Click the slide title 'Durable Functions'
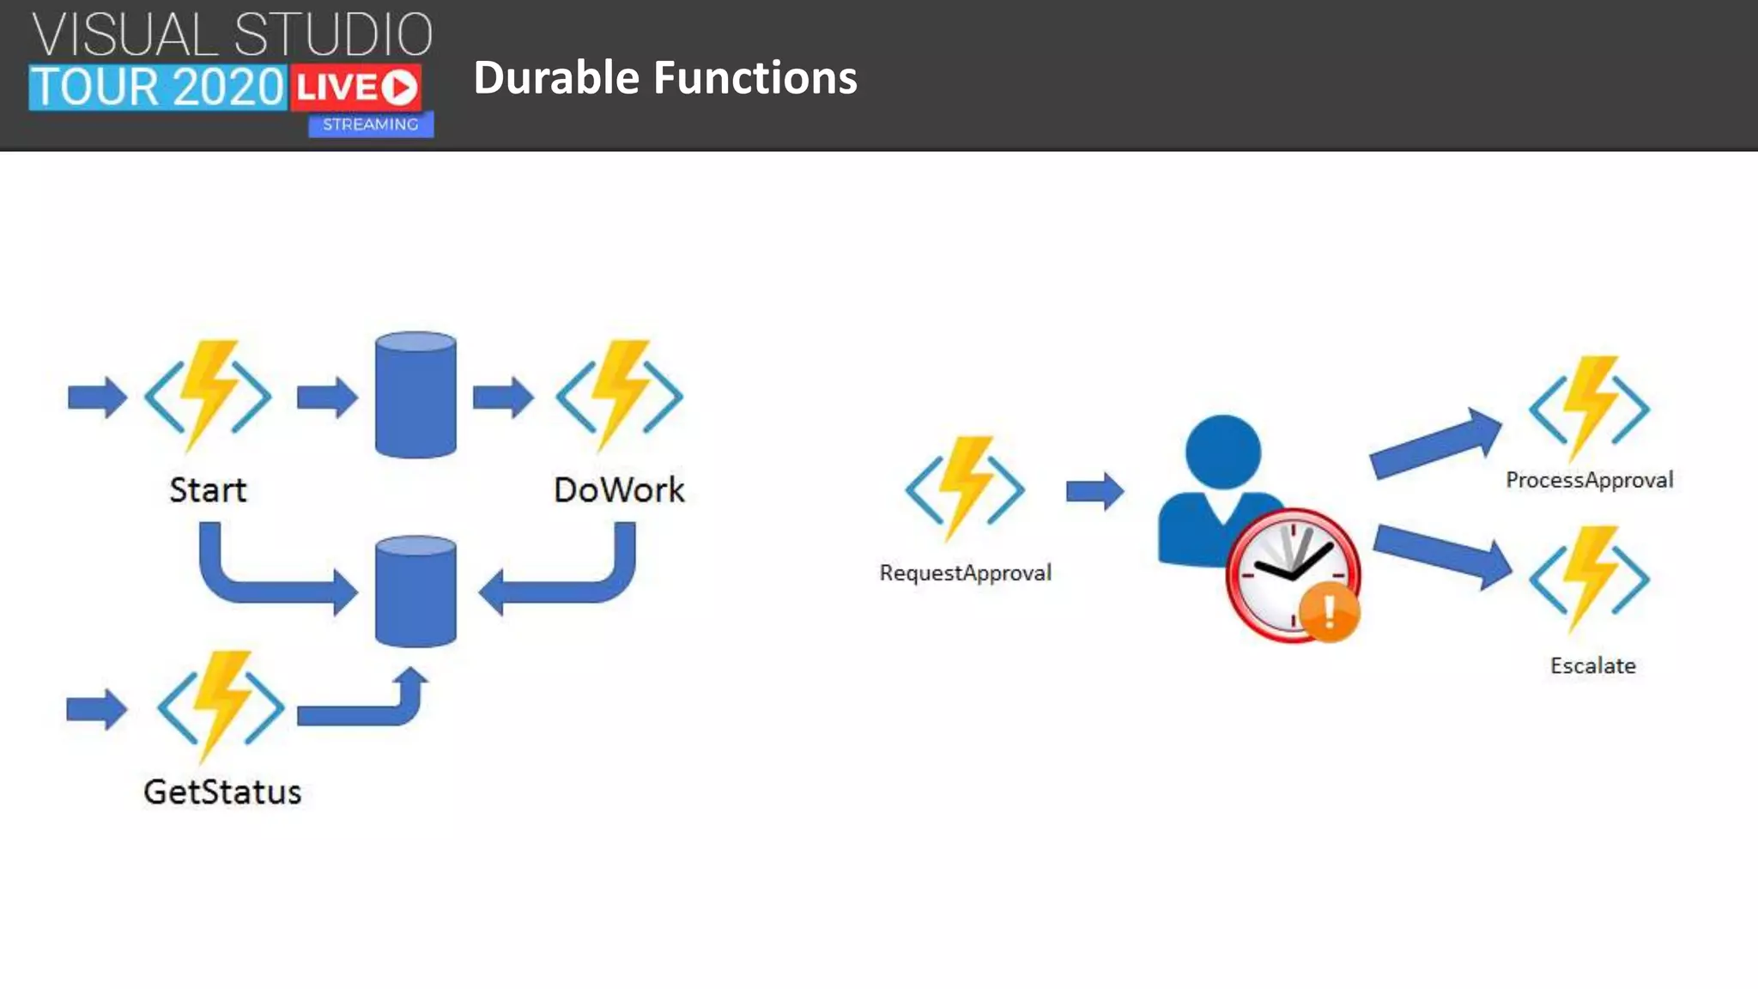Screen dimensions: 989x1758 664,77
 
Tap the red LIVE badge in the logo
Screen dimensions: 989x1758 355,88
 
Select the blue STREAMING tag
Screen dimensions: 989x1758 370,124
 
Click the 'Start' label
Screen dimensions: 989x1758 208,490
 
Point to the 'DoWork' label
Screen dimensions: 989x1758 619,490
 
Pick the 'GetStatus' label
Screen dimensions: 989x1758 222,792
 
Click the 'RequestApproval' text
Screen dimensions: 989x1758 965,573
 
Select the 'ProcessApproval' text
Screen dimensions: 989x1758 1589,480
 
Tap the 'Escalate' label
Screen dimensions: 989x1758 1592,665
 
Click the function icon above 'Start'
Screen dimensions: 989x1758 208,396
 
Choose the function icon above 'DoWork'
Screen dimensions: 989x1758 619,396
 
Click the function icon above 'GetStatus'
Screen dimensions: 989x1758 221,707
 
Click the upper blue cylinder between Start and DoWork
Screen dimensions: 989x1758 415,395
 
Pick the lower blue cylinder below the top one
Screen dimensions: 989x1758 415,592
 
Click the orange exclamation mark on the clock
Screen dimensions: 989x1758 1329,611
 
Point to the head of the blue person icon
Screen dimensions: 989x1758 1222,452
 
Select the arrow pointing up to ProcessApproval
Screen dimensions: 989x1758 1434,443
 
